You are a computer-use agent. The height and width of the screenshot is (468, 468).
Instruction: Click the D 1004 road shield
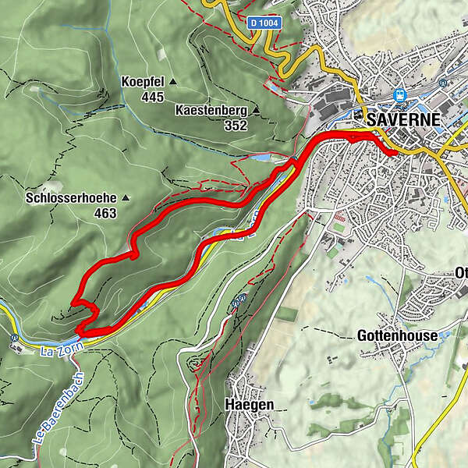[265, 24]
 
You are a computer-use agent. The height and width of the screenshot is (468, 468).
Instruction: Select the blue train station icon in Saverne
[401, 95]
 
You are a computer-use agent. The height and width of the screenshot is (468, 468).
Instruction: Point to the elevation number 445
[153, 97]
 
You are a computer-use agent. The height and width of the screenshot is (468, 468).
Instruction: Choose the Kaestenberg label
[211, 111]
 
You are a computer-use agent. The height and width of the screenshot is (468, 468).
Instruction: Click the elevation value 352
[236, 126]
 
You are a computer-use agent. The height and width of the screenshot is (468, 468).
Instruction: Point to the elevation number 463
[105, 213]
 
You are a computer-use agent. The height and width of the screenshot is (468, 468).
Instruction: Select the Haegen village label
[246, 404]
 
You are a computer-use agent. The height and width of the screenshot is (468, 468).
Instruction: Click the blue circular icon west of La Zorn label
[15, 339]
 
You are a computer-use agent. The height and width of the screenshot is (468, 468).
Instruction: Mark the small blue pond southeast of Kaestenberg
[261, 158]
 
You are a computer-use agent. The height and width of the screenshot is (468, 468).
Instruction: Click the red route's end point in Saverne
[392, 153]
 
